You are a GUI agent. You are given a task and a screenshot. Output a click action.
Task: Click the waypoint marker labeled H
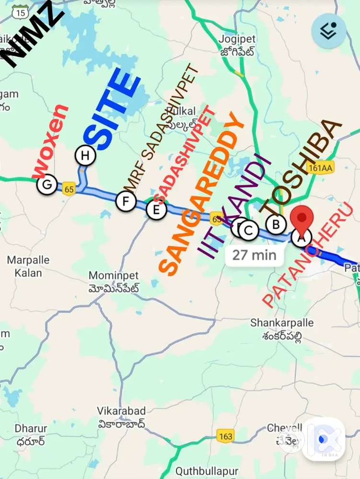point(85,155)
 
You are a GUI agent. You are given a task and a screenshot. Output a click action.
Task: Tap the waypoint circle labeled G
point(47,185)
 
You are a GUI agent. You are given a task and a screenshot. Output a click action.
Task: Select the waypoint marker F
point(126,201)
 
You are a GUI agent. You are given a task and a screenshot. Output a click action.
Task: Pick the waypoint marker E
point(156,209)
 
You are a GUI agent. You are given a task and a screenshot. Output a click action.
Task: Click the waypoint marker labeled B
point(276,224)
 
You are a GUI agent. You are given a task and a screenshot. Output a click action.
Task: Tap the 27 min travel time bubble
point(254,255)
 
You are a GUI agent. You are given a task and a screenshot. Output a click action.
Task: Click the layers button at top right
point(329,31)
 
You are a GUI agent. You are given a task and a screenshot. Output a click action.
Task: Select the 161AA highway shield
point(321,168)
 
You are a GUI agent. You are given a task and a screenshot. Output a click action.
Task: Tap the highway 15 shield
point(20,13)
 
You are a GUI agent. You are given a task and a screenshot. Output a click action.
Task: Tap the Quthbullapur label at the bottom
point(207,470)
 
